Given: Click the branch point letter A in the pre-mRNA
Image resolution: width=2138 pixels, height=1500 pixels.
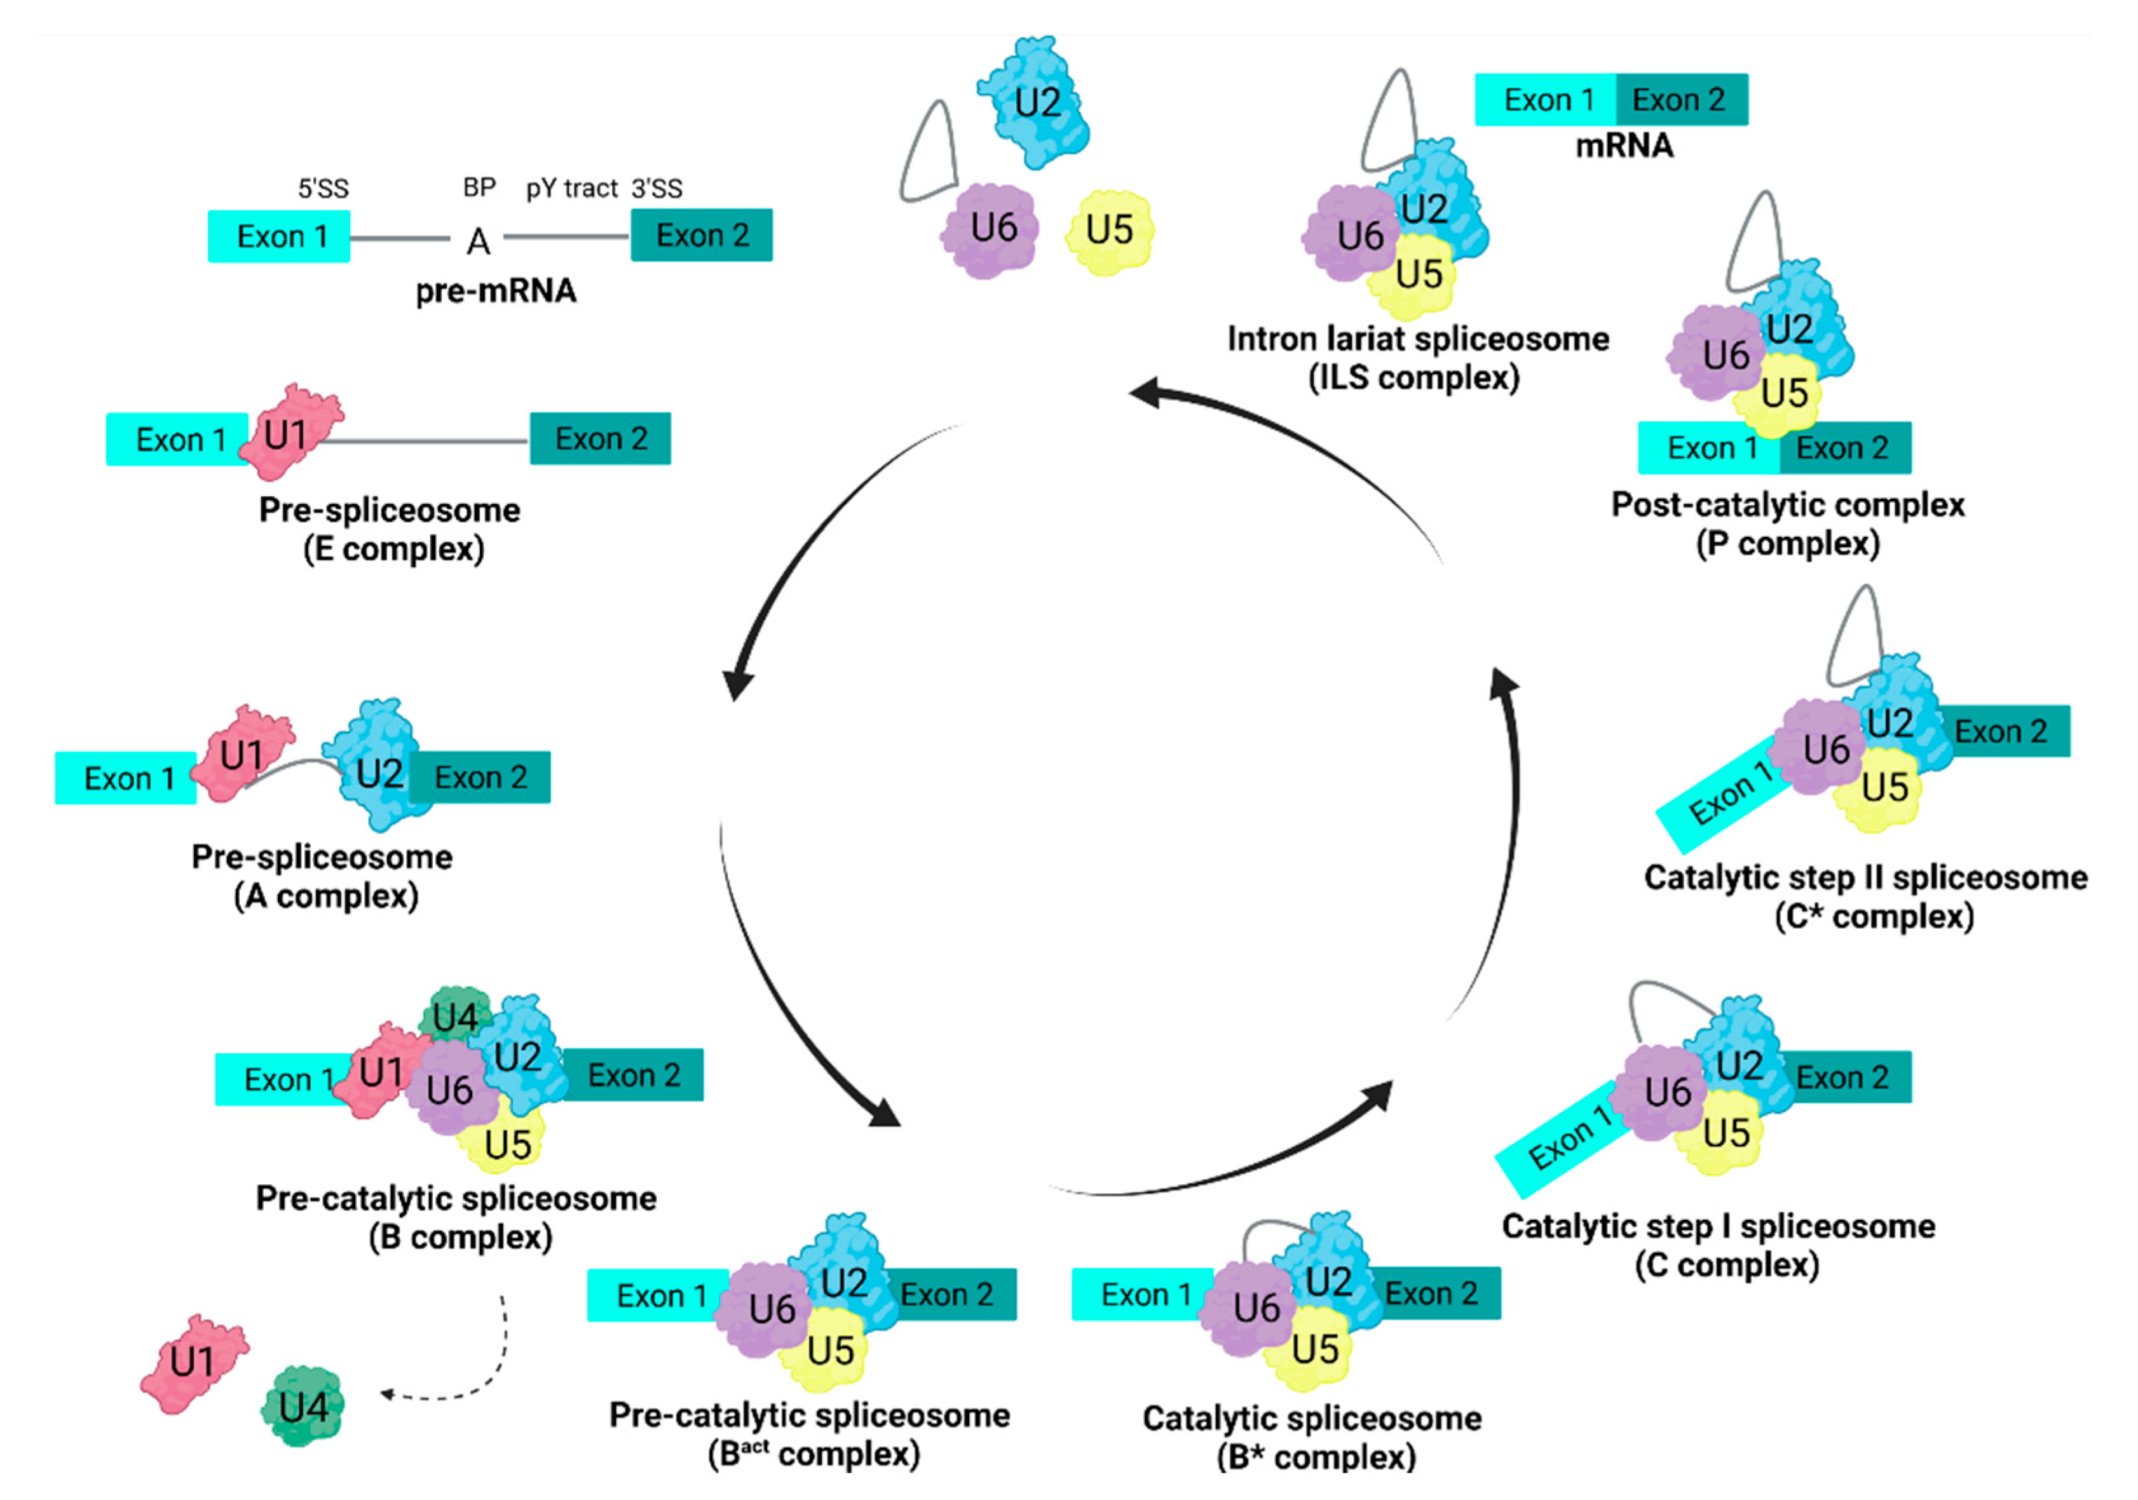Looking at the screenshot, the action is [478, 241].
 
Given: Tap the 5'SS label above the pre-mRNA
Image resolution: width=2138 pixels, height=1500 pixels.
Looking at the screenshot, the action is [323, 189].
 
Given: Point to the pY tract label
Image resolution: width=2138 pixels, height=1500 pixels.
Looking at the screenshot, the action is [572, 189].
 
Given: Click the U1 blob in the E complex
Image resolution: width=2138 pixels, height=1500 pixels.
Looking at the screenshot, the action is [290, 433].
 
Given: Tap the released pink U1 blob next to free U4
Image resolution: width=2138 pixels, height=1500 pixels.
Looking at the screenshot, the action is [194, 1363].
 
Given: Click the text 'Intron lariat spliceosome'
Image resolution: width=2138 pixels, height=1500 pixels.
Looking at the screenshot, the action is [1418, 339].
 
